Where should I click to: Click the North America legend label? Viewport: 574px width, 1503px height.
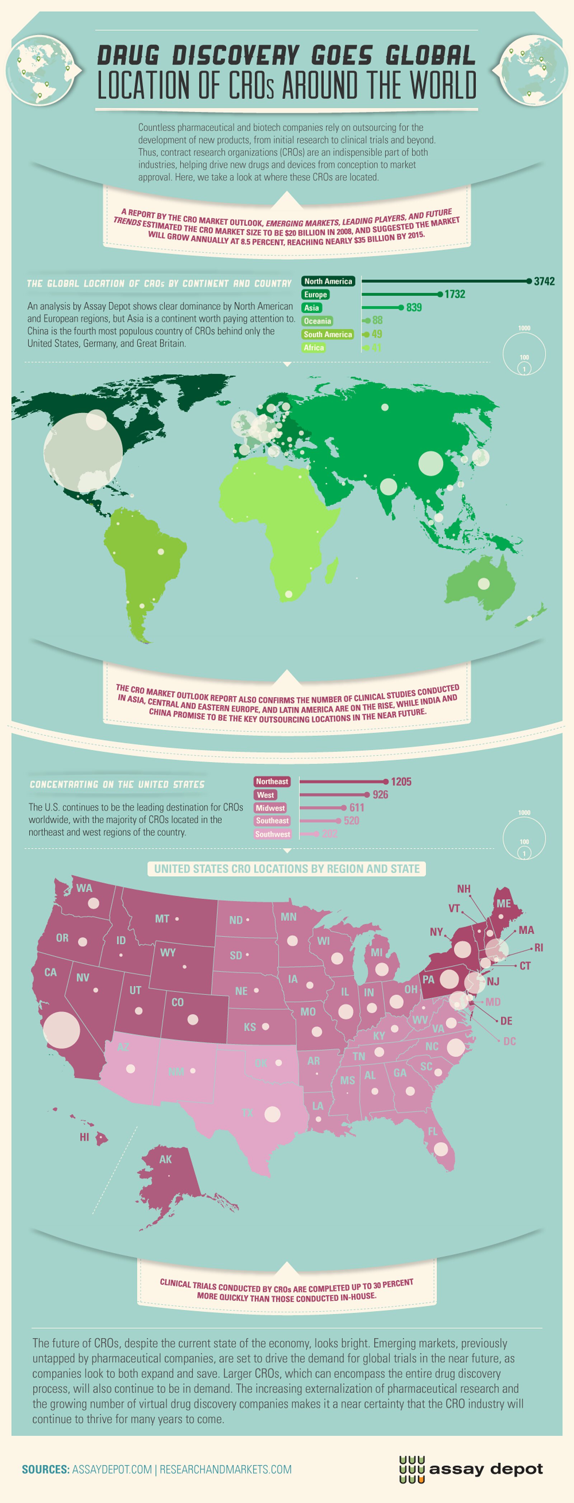328,281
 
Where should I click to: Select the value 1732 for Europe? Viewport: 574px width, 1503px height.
455,294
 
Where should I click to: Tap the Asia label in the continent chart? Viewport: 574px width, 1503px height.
311,308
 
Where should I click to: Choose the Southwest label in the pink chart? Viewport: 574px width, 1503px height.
272,834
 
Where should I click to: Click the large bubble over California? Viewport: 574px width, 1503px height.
61,1030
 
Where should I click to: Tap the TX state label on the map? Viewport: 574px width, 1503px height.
247,1113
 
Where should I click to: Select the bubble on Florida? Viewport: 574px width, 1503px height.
441,1149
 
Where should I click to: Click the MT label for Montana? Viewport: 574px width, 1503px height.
162,918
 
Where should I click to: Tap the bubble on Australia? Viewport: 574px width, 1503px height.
484,583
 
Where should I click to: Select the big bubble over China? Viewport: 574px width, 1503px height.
430,463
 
